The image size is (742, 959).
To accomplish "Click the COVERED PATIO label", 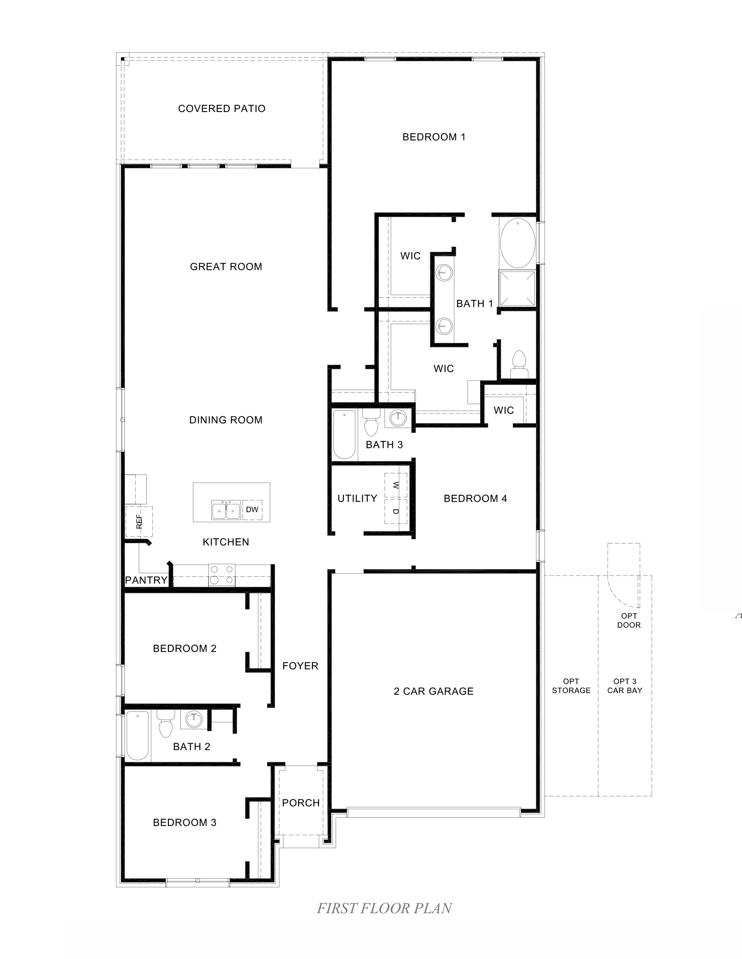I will point(222,109).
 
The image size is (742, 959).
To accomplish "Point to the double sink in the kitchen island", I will point(226,510).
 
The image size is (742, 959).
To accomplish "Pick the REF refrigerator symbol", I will point(139,521).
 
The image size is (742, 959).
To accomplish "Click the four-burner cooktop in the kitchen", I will point(222,575).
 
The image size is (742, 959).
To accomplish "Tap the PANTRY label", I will point(146,580).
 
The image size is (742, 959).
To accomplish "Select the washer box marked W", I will point(395,485).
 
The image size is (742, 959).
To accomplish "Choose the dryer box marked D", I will point(395,511).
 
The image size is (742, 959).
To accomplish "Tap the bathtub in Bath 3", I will point(344,434).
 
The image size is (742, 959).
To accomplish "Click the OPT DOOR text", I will point(629,620).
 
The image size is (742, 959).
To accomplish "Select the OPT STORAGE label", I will point(571,686).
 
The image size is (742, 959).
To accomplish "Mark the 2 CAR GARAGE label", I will point(433,691).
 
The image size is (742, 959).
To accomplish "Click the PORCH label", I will point(301,803).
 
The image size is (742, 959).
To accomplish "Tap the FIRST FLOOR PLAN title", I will point(384,908).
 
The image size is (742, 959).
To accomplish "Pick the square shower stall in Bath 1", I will point(517,289).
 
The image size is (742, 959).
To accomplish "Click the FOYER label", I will point(300,666).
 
